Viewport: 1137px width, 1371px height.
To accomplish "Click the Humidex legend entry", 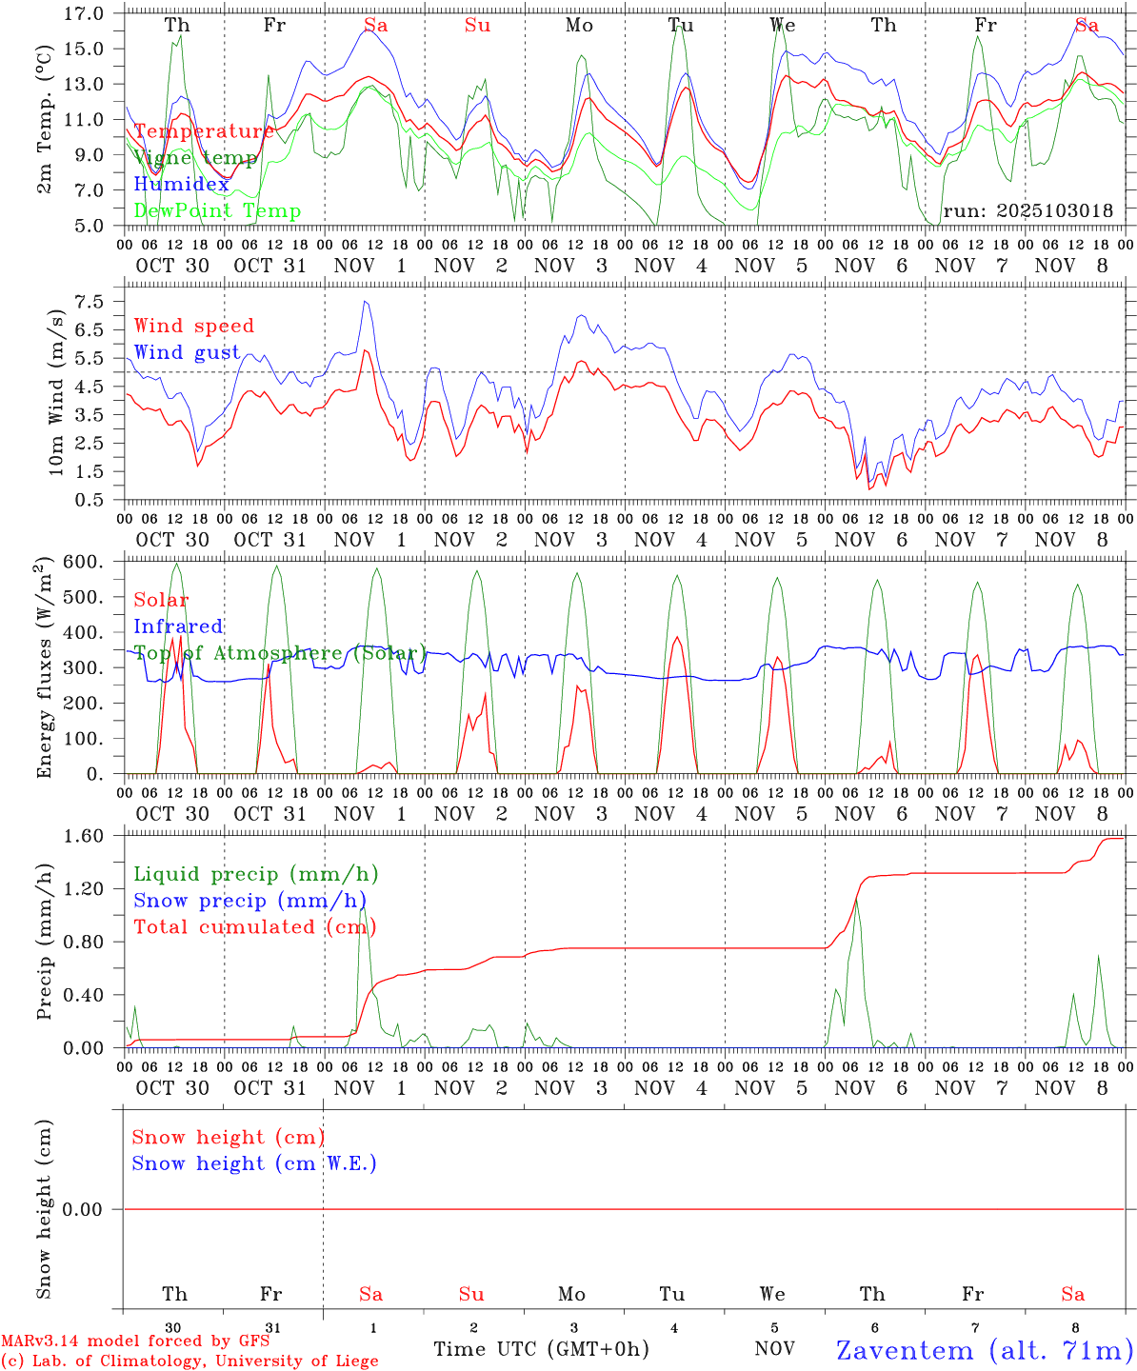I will pos(181,185).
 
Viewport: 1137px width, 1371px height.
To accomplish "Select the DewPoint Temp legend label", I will pos(217,211).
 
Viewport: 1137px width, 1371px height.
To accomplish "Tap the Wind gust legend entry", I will pos(187,352).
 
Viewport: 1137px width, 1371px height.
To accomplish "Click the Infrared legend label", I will pos(178,626).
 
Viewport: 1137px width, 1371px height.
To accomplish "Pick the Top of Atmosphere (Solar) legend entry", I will pos(280,653).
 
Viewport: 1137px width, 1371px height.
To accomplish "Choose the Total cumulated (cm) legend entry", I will pos(254,926).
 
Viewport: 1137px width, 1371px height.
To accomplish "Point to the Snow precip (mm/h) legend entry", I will pos(249,901).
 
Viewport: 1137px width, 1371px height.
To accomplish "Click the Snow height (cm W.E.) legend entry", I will pos(254,1163).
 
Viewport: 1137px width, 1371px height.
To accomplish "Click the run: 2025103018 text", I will pos(1027,210).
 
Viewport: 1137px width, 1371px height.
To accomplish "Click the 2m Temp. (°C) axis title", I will pos(44,121).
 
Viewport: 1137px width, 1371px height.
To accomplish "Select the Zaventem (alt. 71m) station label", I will pos(985,1349).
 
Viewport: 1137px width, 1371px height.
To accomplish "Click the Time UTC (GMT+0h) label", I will pos(541,1349).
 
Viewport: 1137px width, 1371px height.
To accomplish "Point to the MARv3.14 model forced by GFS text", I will pos(135,1341).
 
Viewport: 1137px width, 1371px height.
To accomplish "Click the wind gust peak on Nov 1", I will pos(365,302).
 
